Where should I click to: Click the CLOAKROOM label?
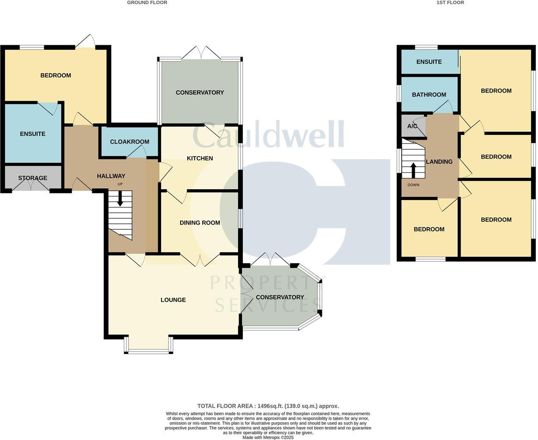(129, 142)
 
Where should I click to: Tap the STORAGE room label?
(33, 178)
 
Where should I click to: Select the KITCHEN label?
(200, 158)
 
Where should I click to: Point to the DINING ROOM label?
(200, 223)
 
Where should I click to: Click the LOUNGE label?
(173, 300)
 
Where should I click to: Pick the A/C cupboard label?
(412, 126)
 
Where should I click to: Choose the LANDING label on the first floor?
(439, 162)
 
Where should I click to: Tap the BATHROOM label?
(429, 95)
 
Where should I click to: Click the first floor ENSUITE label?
(429, 62)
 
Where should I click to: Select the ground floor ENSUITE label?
(33, 134)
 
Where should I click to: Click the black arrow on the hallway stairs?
(121, 198)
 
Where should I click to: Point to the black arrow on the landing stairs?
(413, 170)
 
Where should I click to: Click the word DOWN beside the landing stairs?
(413, 185)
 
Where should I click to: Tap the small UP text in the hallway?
(120, 184)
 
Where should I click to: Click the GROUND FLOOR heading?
(147, 3)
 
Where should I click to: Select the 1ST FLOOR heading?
(450, 3)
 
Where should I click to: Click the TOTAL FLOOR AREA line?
(268, 406)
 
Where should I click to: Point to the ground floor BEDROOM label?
(55, 75)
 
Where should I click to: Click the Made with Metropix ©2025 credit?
(268, 437)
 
